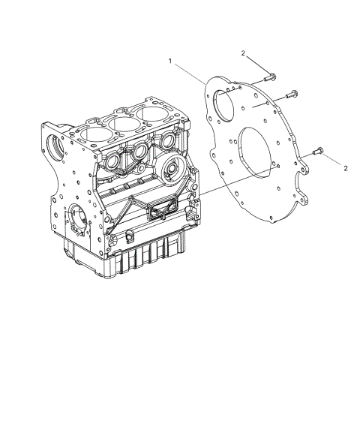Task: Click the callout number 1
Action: (x=172, y=61)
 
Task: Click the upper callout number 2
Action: (x=244, y=53)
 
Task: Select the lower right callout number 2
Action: (x=345, y=168)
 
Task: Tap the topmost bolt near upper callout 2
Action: (x=271, y=77)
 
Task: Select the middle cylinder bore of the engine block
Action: (x=124, y=122)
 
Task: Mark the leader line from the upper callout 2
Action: (x=257, y=65)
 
